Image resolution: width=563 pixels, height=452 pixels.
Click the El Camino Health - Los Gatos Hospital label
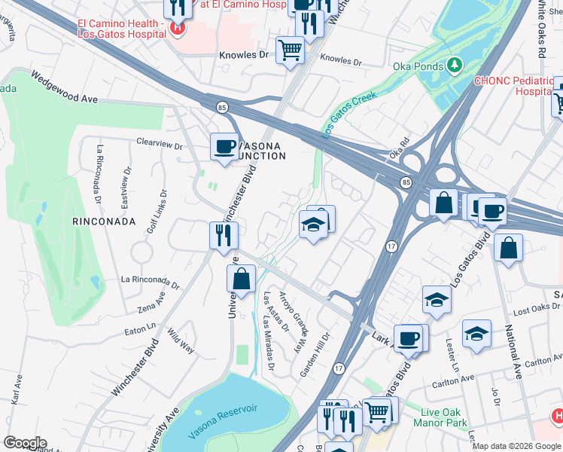pos(121,29)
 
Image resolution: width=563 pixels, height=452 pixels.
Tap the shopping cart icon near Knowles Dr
pos(290,51)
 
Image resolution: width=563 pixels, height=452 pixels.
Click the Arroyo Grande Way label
pos(294,312)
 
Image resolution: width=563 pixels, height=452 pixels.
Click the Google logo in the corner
pos(25,443)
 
